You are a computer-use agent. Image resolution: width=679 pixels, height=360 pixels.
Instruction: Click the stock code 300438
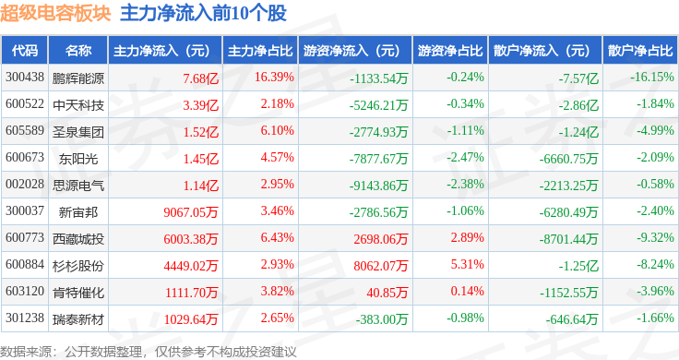click(x=25, y=78)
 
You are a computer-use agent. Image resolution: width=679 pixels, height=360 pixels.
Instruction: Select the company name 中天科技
click(x=78, y=105)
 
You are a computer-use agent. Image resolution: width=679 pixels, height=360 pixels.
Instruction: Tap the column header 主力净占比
click(x=260, y=51)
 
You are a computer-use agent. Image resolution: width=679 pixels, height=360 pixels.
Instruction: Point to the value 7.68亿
click(x=200, y=78)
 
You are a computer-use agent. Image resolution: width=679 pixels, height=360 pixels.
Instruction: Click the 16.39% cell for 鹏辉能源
click(x=274, y=78)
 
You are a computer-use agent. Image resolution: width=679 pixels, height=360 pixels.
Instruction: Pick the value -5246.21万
click(x=378, y=105)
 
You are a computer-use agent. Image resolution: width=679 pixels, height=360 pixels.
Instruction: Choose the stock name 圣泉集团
click(x=78, y=132)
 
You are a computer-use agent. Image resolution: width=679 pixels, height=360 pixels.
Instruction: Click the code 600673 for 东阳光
click(x=25, y=157)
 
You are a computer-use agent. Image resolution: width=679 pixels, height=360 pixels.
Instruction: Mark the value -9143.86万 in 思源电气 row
click(x=378, y=186)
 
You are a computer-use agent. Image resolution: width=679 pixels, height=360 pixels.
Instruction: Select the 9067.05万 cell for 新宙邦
click(x=191, y=212)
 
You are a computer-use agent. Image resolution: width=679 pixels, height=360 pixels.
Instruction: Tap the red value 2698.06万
click(x=381, y=239)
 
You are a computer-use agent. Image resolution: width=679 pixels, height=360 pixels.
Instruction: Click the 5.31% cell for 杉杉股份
click(x=467, y=264)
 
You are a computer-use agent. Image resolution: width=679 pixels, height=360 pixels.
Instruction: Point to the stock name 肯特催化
click(x=78, y=293)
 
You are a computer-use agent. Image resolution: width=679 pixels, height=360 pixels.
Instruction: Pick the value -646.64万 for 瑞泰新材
click(x=572, y=319)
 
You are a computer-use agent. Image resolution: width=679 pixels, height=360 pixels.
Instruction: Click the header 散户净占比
click(x=640, y=51)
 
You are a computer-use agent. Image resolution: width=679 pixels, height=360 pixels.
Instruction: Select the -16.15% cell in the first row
click(x=652, y=78)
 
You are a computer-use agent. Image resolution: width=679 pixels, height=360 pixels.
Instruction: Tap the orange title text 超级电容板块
click(x=55, y=13)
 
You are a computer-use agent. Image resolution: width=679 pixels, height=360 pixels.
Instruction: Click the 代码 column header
click(x=25, y=51)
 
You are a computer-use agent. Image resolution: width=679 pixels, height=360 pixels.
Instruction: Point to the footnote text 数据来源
click(x=26, y=352)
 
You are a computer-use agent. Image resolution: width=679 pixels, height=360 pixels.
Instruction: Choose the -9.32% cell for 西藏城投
click(x=655, y=237)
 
